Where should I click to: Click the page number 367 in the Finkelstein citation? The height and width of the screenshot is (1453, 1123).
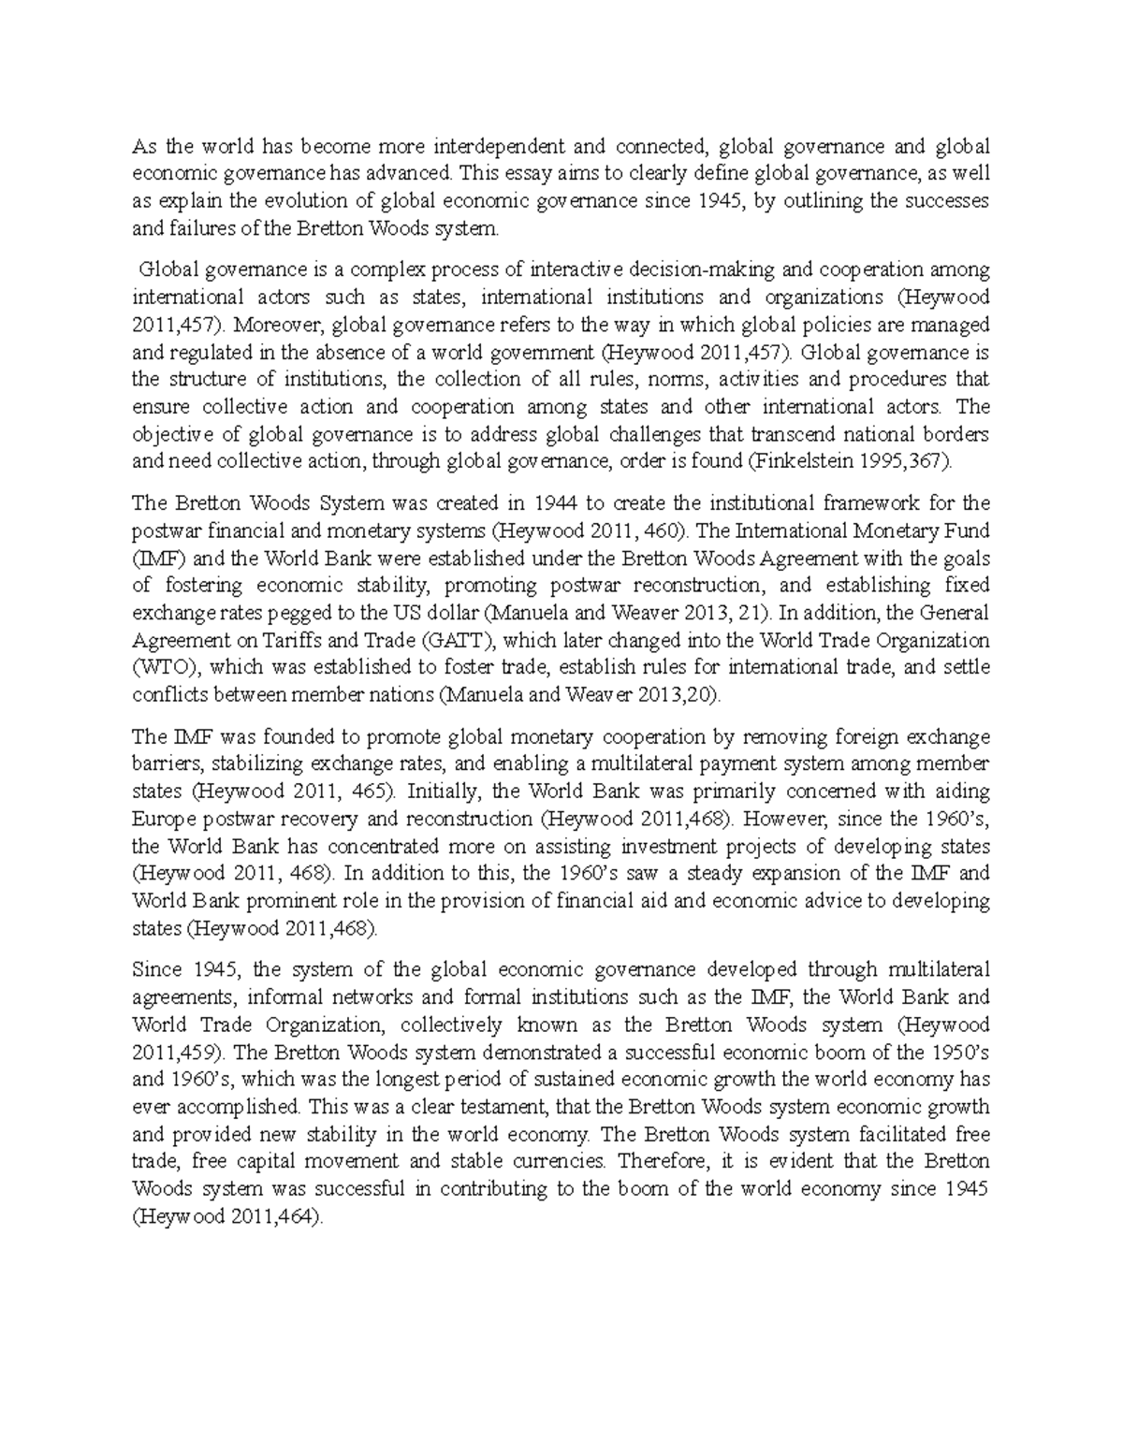[933, 461]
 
